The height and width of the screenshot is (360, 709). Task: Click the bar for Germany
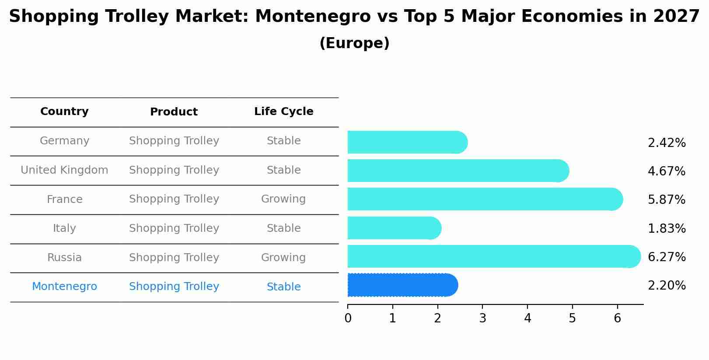coord(407,142)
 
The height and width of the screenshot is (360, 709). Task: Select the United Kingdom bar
coord(458,171)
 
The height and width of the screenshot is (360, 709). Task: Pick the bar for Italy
coord(394,228)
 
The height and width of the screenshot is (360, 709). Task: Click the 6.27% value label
coord(667,257)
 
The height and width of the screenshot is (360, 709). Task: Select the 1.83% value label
coord(667,228)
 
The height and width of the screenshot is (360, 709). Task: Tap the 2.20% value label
coord(667,286)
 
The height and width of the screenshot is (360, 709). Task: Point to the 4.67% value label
coord(667,171)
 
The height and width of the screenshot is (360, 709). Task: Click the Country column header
coord(64,112)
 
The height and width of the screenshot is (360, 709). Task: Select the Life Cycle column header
coord(283,112)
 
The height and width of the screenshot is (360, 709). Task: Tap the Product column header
coord(174,112)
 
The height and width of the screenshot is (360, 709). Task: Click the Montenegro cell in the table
coord(64,287)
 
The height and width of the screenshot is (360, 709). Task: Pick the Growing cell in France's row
coord(283,199)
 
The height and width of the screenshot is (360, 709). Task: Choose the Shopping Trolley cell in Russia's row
coord(174,258)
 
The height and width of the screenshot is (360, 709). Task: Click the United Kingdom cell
coord(64,170)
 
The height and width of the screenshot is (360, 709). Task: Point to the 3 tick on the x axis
coord(482,318)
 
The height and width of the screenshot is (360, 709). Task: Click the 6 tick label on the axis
coord(617,318)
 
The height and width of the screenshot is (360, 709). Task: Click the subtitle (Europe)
coord(354,43)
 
